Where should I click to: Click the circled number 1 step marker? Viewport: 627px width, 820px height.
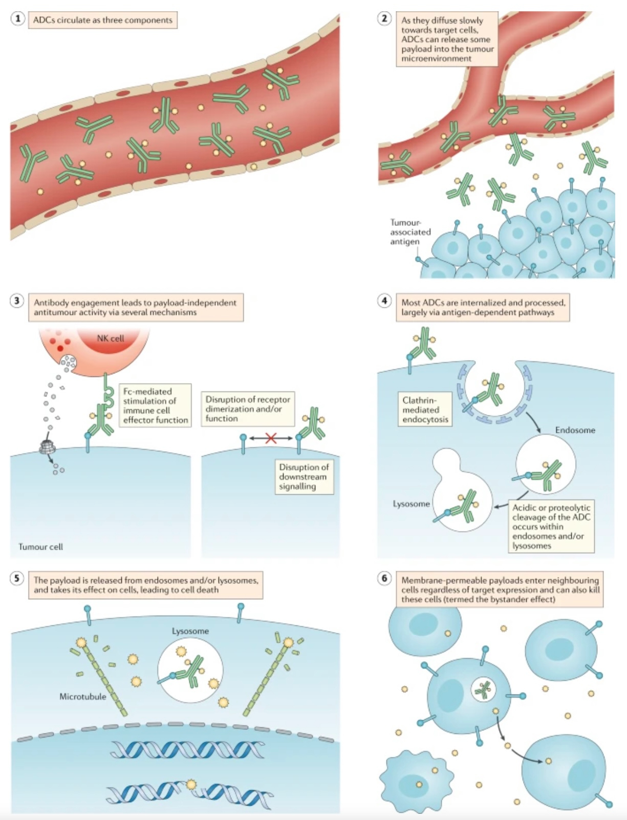pyautogui.click(x=17, y=19)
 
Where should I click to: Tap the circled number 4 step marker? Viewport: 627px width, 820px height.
pyautogui.click(x=384, y=301)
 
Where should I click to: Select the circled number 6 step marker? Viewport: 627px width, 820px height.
pyautogui.click(x=384, y=578)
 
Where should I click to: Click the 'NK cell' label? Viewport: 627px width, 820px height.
pyautogui.click(x=111, y=338)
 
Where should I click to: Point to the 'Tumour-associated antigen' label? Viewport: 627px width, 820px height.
pyautogui.click(x=410, y=232)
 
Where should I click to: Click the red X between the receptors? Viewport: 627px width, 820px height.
pyautogui.click(x=271, y=438)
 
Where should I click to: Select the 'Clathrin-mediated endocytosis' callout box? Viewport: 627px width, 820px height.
pyautogui.click(x=425, y=410)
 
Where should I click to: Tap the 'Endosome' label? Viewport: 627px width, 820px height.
pyautogui.click(x=575, y=430)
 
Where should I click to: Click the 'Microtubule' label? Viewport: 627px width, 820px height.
pyautogui.click(x=82, y=697)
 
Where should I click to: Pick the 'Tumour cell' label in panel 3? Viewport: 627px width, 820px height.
pyautogui.click(x=40, y=546)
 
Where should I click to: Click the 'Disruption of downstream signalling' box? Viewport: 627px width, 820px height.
pyautogui.click(x=304, y=477)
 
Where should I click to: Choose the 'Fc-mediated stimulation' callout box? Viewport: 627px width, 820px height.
pyautogui.click(x=155, y=406)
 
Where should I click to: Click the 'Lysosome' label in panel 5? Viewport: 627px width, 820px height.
pyautogui.click(x=190, y=631)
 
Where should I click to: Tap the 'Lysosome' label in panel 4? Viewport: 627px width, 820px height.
pyautogui.click(x=411, y=504)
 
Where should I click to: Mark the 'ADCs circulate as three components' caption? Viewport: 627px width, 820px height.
pyautogui.click(x=102, y=20)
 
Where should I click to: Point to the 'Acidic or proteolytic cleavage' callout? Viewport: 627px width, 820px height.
pyautogui.click(x=551, y=527)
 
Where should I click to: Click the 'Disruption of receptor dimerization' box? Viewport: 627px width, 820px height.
pyautogui.click(x=248, y=409)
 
